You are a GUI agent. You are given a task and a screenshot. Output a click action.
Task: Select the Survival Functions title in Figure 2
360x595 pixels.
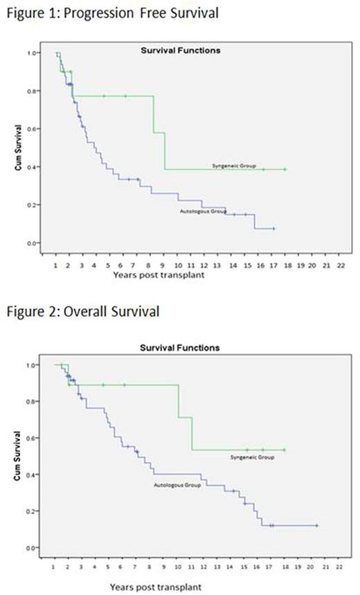[180, 347]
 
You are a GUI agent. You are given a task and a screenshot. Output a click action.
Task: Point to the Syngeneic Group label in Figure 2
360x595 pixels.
[252, 458]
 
